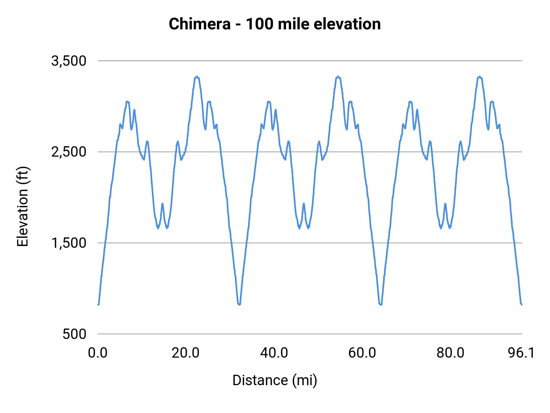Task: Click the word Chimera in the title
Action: click(200, 24)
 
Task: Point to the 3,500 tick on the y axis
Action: click(69, 61)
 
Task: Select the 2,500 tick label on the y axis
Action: click(69, 152)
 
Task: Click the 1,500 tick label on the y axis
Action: click(69, 243)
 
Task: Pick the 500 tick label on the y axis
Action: click(75, 334)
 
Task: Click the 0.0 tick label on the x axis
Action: click(98, 353)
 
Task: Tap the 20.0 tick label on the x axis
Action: click(185, 353)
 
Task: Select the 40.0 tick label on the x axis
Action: click(274, 353)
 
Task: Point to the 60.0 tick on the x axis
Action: click(362, 353)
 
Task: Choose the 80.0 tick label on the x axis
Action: click(450, 353)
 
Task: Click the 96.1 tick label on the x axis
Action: click(521, 353)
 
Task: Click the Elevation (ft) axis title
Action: click(23, 206)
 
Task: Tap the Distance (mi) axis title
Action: click(275, 380)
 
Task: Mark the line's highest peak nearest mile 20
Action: click(197, 77)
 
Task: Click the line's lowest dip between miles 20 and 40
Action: click(239, 304)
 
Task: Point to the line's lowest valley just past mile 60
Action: click(380, 304)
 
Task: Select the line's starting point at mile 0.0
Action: click(98, 304)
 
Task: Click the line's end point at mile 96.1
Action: click(522, 304)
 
